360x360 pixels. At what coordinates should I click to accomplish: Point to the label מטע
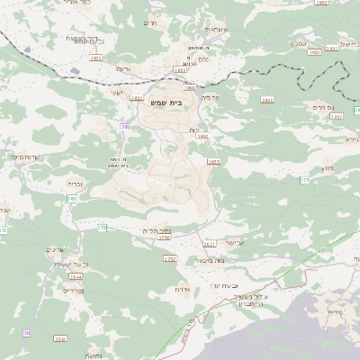pyautogui.click(x=326, y=168)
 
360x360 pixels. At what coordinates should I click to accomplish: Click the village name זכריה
pyautogui.click(x=76, y=183)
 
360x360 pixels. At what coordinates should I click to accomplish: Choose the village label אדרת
pyautogui.click(x=182, y=290)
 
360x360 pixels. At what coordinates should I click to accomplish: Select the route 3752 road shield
pyautogui.click(x=170, y=258)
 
